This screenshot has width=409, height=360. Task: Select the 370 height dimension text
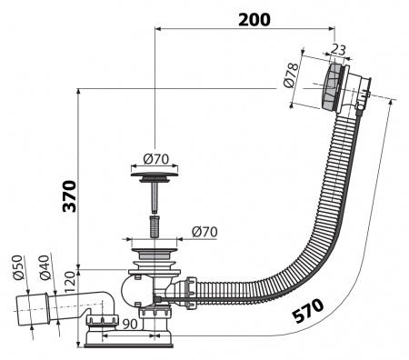[69, 195]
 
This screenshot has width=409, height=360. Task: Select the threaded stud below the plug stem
[154, 224]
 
